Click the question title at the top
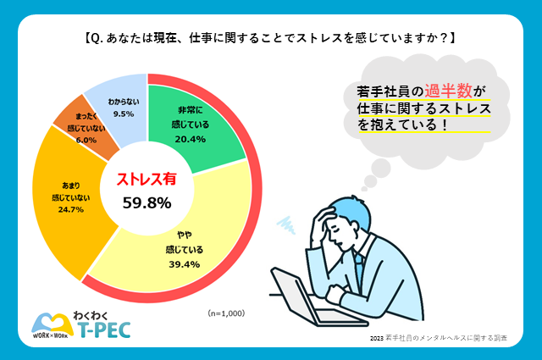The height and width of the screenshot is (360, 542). click(x=272, y=38)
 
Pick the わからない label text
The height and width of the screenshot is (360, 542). click(x=124, y=102)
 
